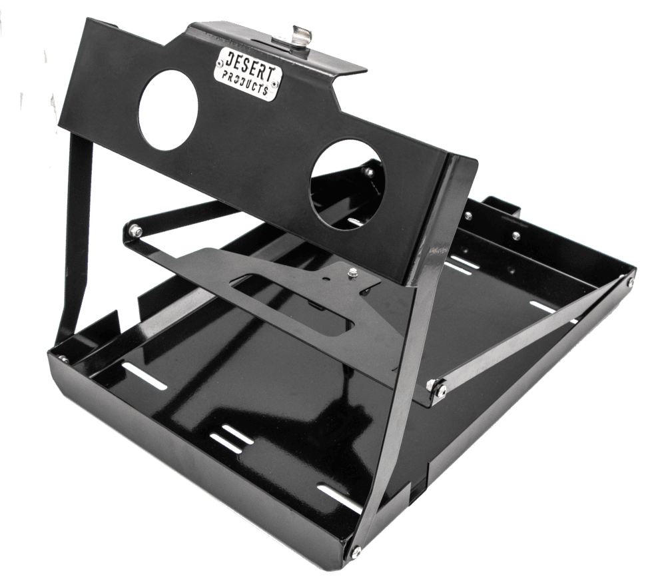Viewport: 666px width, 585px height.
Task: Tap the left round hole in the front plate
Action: click(x=168, y=110)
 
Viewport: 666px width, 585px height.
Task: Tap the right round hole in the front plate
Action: click(x=348, y=185)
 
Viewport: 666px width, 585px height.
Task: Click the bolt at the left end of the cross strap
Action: click(x=137, y=231)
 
